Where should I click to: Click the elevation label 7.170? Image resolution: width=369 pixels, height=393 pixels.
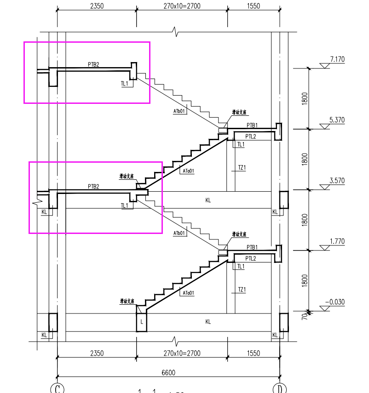tap(337, 59)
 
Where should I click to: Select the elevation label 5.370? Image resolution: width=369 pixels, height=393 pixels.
tap(337, 120)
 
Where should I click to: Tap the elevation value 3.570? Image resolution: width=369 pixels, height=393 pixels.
tap(337, 181)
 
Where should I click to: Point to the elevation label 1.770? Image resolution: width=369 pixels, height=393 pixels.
tap(337, 241)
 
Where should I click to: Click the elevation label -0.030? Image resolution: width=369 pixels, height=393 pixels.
tap(335, 302)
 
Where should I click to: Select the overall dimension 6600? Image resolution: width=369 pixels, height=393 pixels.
tap(168, 372)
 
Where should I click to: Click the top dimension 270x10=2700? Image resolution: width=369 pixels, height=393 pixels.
tap(182, 6)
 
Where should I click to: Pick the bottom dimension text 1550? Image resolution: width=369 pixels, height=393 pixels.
tap(253, 353)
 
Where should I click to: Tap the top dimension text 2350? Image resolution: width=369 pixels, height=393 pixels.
tap(97, 6)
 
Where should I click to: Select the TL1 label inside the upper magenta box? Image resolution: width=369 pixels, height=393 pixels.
tap(125, 84)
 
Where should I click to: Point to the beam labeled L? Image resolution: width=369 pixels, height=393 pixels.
tap(142, 322)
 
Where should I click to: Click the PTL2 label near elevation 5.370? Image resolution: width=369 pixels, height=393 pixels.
tap(251, 137)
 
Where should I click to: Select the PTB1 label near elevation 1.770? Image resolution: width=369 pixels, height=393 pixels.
tap(252, 247)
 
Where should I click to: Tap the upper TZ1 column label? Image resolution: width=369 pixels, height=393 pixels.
tap(242, 168)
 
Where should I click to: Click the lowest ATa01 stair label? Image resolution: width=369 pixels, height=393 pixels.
tap(188, 292)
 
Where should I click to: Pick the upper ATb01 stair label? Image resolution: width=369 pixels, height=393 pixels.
tap(179, 111)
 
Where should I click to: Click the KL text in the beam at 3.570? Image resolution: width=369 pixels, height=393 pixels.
tap(208, 200)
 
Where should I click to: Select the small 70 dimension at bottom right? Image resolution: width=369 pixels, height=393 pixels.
tap(304, 316)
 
